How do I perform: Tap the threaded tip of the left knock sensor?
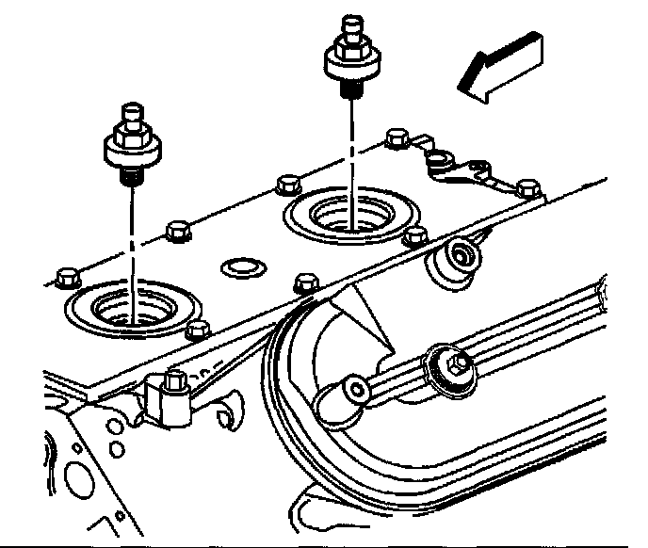coord(130,173)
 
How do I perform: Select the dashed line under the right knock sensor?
coord(353,151)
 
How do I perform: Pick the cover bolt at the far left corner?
coord(65,277)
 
